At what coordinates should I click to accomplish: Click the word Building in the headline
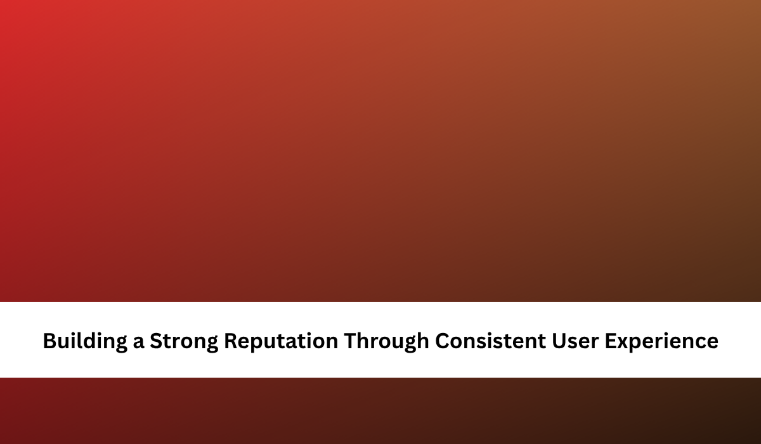coord(85,341)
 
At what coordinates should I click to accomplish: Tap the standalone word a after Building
coord(139,343)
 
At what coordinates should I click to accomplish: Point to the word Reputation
coord(281,341)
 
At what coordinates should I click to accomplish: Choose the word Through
coord(387,341)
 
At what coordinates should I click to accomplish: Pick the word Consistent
coord(491,341)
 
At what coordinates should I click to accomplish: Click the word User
coord(575,341)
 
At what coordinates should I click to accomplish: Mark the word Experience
coord(661,341)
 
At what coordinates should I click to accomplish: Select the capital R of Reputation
coord(231,341)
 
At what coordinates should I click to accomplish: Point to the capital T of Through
coord(351,341)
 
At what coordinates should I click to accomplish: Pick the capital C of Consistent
coord(443,341)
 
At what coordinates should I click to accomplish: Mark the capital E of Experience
coord(611,341)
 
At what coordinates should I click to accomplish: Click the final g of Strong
coord(212,344)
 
